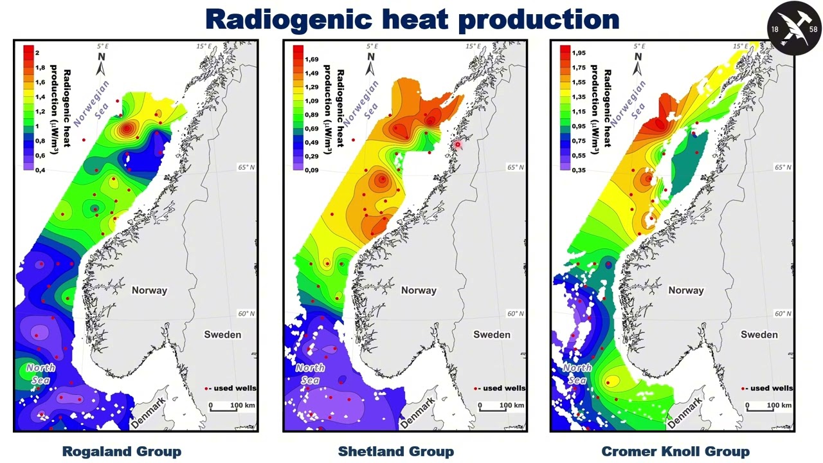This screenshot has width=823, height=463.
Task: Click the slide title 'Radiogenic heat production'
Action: tap(411, 19)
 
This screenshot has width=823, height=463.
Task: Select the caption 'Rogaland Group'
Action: tap(122, 451)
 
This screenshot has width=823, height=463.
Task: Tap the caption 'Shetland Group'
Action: tap(395, 451)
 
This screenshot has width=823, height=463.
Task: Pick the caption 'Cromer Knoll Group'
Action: tap(675, 451)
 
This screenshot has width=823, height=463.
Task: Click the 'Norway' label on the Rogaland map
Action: tap(149, 290)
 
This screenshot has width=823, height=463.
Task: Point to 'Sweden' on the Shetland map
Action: tap(492, 334)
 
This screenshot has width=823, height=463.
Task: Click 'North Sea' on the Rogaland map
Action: tap(41, 374)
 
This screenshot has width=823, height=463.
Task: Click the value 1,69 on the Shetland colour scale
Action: tap(312, 59)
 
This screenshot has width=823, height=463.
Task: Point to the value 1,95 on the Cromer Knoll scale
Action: tap(579, 53)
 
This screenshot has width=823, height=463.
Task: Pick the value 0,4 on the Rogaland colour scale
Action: tap(41, 170)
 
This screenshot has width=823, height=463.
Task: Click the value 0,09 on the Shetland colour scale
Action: tap(312, 170)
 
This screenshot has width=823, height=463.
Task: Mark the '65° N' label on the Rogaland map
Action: tap(246, 167)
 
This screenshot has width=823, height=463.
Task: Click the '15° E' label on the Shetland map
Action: tap(473, 46)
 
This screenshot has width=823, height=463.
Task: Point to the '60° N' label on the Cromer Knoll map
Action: tap(783, 314)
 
